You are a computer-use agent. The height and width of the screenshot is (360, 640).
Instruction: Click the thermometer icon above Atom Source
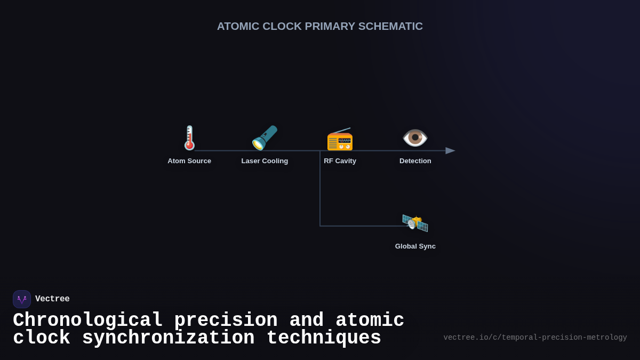(189, 138)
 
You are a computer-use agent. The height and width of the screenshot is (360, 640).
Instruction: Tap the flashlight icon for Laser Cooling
(265, 138)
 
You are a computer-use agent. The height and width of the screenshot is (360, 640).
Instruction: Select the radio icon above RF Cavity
(340, 139)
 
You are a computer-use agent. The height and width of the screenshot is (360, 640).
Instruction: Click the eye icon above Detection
(415, 138)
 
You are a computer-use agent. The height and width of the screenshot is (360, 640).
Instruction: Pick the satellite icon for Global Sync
(415, 222)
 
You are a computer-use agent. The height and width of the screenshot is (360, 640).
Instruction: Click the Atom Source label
(189, 161)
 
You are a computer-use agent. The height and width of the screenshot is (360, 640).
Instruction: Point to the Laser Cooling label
(265, 161)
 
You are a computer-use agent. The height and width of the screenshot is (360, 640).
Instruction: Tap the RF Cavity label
(340, 161)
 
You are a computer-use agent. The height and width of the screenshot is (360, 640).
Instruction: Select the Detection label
(415, 161)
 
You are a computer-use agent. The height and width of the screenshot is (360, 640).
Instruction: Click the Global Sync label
(415, 246)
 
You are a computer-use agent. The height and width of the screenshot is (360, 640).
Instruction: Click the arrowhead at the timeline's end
(450, 151)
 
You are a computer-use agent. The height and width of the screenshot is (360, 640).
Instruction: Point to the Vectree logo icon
(22, 299)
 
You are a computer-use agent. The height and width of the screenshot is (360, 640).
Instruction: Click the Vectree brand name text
(52, 299)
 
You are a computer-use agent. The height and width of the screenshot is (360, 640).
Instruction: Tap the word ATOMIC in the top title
(238, 26)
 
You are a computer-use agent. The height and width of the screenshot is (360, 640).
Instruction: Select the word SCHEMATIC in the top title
(390, 26)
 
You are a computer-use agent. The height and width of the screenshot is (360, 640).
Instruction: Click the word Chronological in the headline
(87, 321)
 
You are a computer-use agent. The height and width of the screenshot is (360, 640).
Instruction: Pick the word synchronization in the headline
(168, 338)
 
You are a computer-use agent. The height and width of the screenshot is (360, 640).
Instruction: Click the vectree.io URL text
(535, 338)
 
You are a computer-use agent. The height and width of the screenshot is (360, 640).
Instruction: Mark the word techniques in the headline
(324, 338)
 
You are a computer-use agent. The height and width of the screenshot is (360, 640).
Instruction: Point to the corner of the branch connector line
(320, 226)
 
